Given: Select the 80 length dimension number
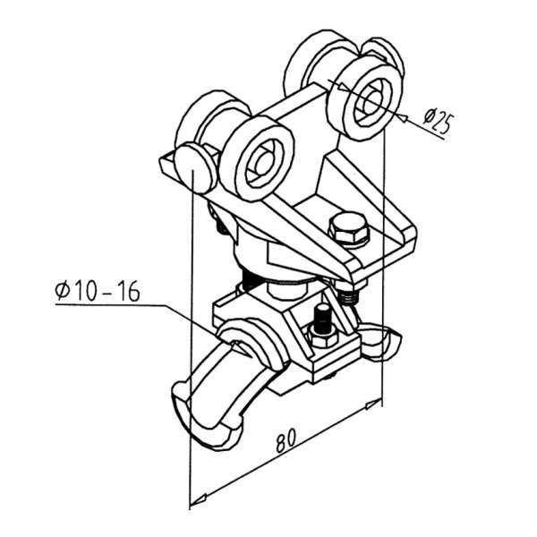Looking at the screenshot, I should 286,440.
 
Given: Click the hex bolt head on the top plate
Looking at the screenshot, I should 347,228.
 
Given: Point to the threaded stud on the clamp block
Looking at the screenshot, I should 320,315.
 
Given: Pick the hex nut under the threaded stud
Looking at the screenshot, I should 321,336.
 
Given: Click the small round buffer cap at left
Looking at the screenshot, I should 193,169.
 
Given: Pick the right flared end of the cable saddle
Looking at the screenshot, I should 386,342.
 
